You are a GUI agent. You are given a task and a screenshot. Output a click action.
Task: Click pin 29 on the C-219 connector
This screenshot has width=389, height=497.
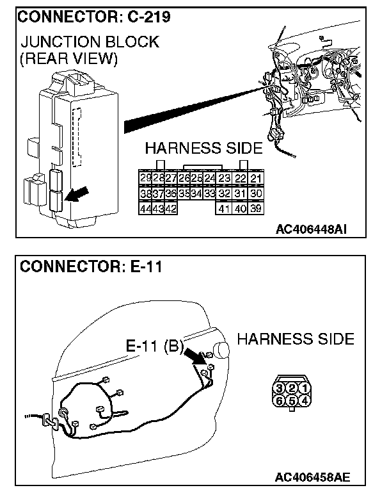tap(145, 177)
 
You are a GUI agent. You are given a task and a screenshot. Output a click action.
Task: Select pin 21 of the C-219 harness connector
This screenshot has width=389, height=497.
tap(255, 177)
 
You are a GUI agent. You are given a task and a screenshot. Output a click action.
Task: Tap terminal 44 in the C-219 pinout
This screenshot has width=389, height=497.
tap(145, 208)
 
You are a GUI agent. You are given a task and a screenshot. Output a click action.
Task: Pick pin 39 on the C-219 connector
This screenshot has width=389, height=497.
tap(255, 208)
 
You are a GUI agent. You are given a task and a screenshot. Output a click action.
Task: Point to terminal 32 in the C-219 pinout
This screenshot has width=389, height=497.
tap(224, 193)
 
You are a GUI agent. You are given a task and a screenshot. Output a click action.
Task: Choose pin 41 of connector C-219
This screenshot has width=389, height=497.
tap(224, 208)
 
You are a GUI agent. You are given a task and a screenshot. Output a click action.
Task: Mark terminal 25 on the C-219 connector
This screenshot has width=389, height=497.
tap(197, 177)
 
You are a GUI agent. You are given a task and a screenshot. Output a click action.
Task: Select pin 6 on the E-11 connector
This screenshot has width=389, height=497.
tap(280, 401)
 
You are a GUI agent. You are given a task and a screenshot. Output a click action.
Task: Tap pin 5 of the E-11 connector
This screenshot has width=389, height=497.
tap(292, 401)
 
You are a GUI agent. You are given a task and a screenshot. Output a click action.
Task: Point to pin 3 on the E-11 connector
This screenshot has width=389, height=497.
tap(280, 388)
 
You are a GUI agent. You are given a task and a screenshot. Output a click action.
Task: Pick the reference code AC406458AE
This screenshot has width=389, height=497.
tap(312, 477)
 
